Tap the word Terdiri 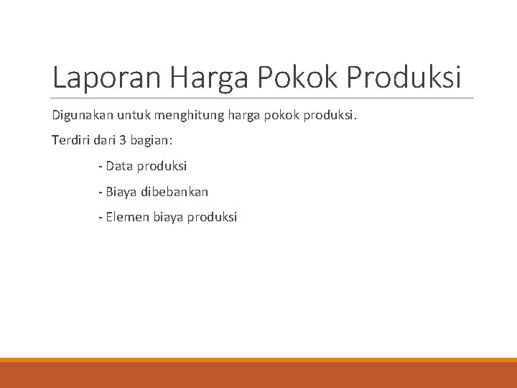tap(70, 141)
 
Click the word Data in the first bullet tap(118, 166)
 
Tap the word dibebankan tap(175, 192)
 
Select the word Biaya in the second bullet tap(122, 192)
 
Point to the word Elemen tap(128, 217)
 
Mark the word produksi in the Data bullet tap(161, 166)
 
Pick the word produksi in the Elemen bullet tap(213, 217)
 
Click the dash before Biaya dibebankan tap(101, 192)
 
